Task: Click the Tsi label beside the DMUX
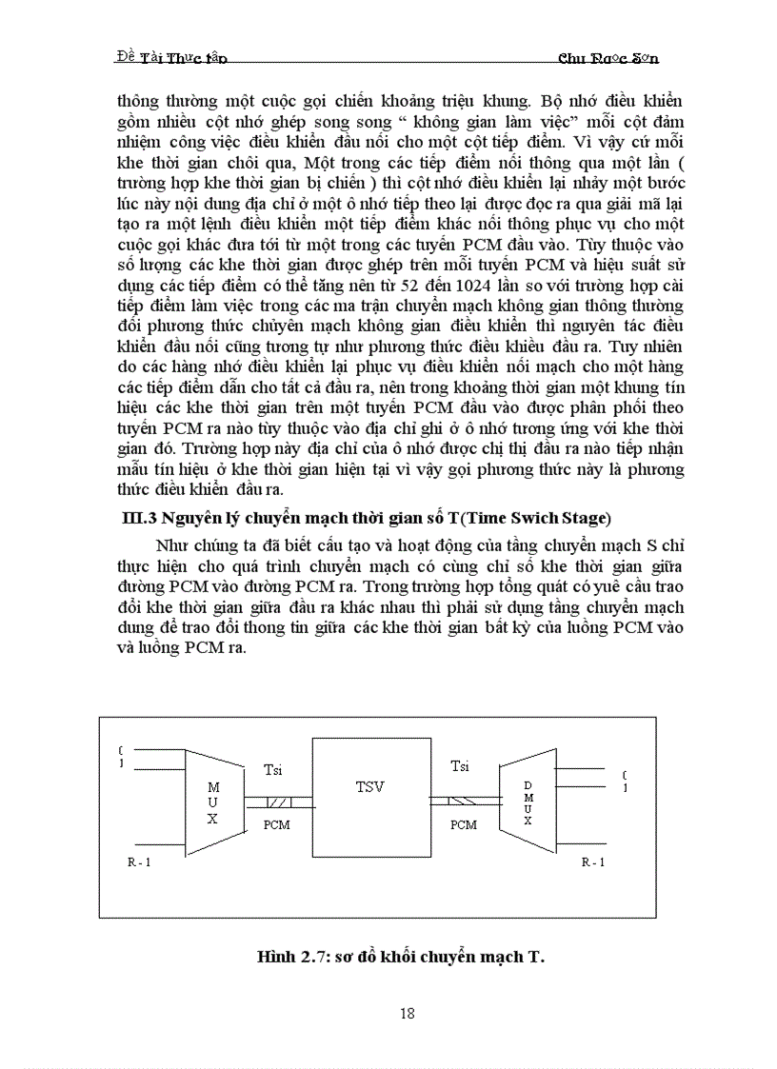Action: coord(459,765)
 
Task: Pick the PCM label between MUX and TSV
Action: coord(276,824)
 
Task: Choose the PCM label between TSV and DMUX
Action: coord(464,824)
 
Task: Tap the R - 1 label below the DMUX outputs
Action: coord(593,861)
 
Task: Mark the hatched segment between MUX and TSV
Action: coord(277,802)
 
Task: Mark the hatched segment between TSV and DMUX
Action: coord(464,802)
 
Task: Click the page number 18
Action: coord(407,1013)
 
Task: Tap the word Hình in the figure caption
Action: coord(277,957)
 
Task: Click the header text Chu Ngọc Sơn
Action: coord(608,58)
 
